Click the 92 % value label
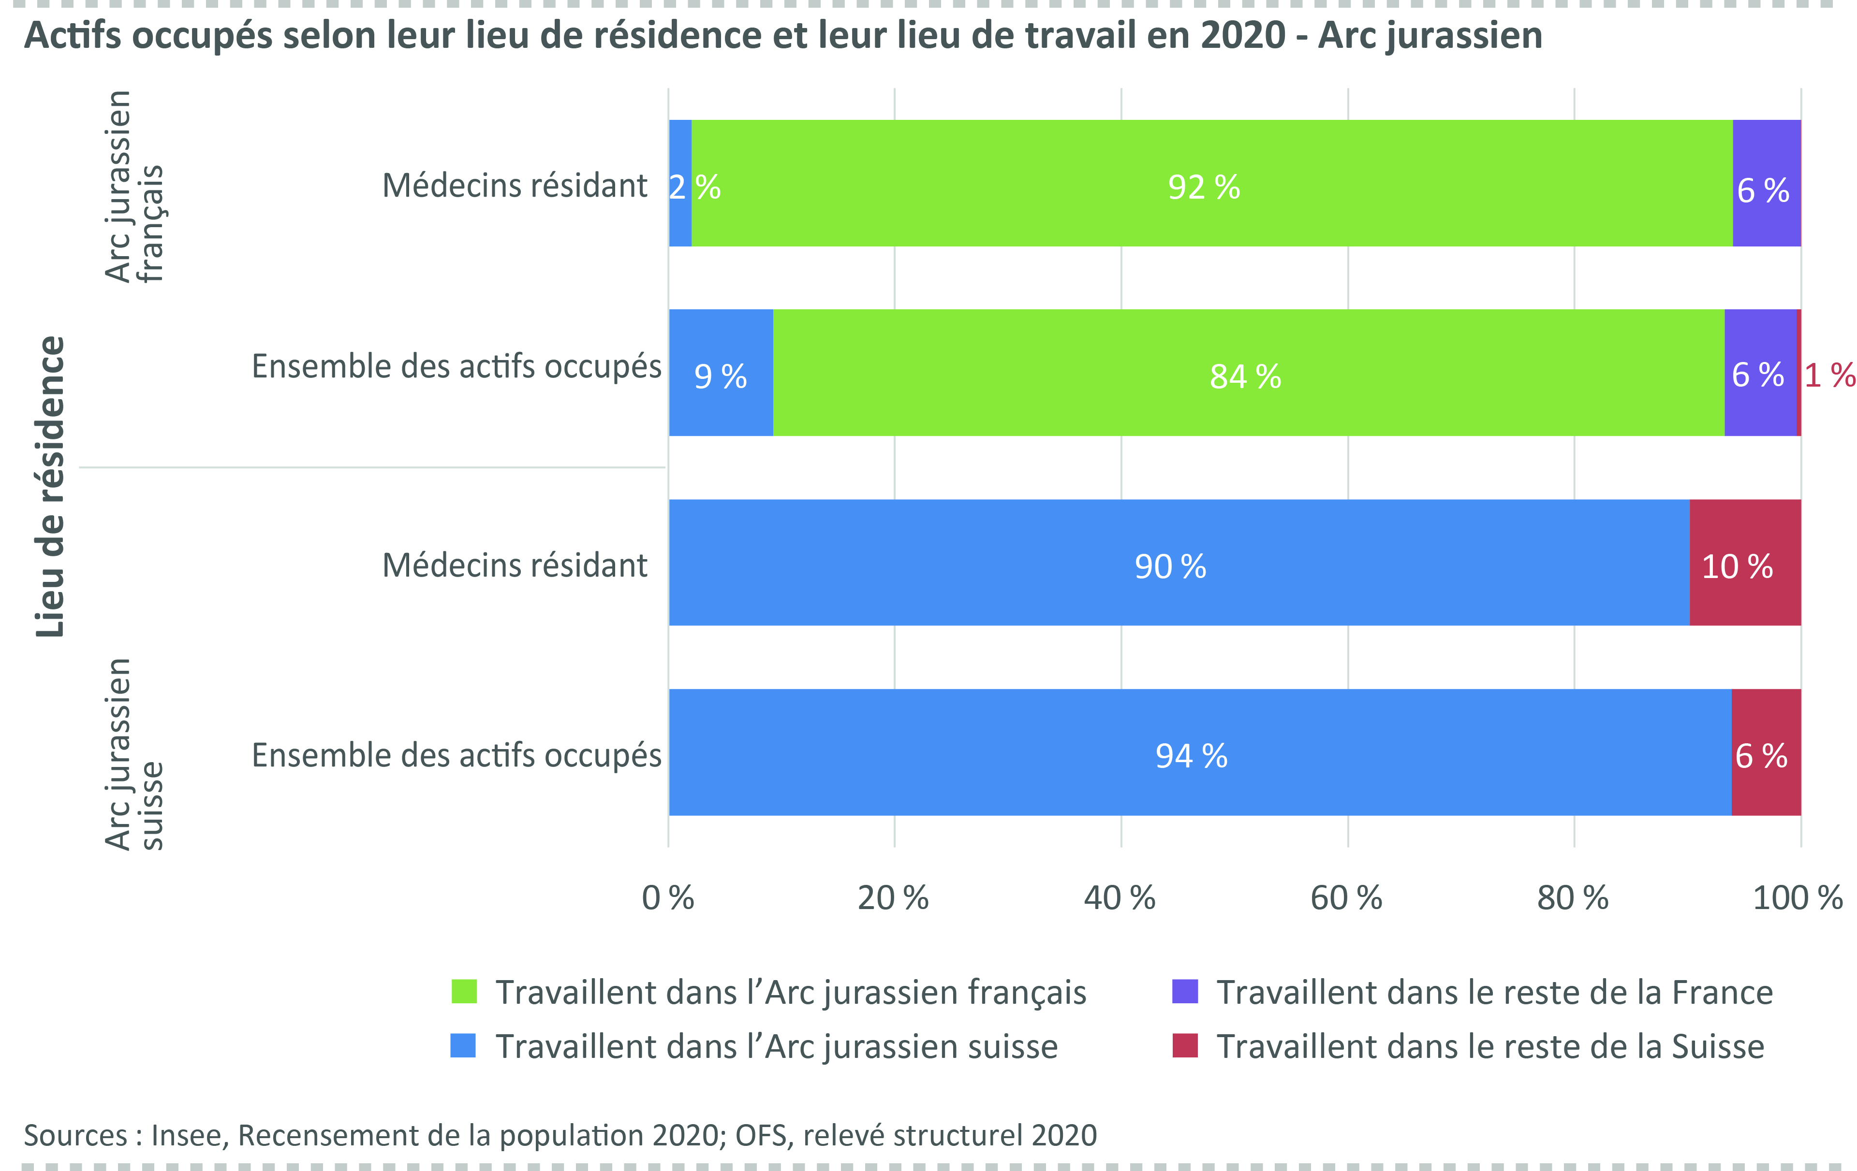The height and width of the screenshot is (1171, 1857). tap(1204, 188)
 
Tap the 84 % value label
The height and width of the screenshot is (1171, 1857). tap(1245, 377)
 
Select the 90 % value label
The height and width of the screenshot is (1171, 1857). tap(1170, 566)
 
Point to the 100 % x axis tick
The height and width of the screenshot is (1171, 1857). tap(1798, 898)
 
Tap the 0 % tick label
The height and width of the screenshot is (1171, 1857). tap(668, 898)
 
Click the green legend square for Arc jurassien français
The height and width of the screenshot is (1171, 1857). tap(463, 991)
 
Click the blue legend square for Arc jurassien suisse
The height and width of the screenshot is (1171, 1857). tap(463, 1045)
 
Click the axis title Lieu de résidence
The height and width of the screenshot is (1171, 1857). tap(51, 487)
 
